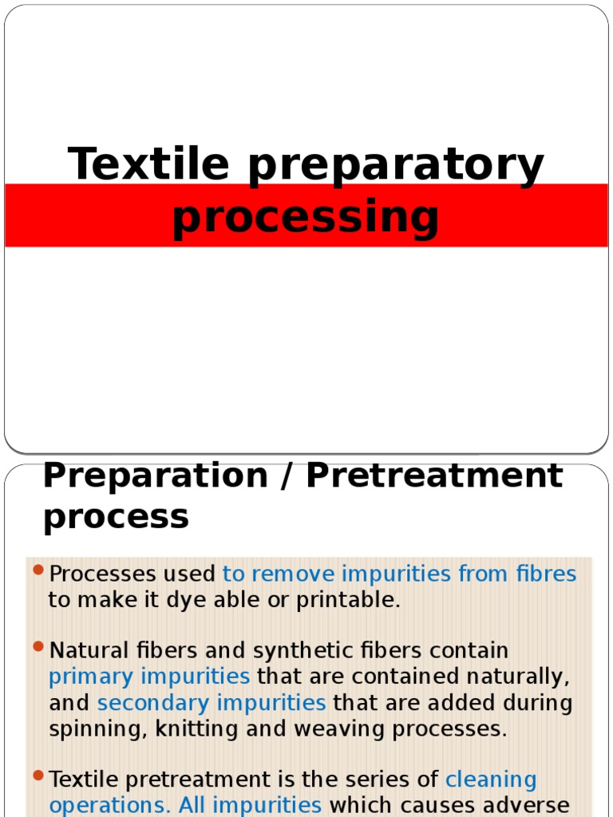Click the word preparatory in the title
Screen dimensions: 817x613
point(396,166)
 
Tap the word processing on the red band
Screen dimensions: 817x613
point(306,218)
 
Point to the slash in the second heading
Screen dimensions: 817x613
point(287,476)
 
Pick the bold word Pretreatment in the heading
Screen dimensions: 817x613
point(434,476)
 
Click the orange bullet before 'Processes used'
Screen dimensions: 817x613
point(38,571)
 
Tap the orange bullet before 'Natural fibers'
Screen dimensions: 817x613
point(38,648)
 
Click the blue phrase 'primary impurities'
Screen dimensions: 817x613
point(149,677)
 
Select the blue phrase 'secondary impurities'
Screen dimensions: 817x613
point(212,703)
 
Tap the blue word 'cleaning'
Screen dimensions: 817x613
point(491,780)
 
